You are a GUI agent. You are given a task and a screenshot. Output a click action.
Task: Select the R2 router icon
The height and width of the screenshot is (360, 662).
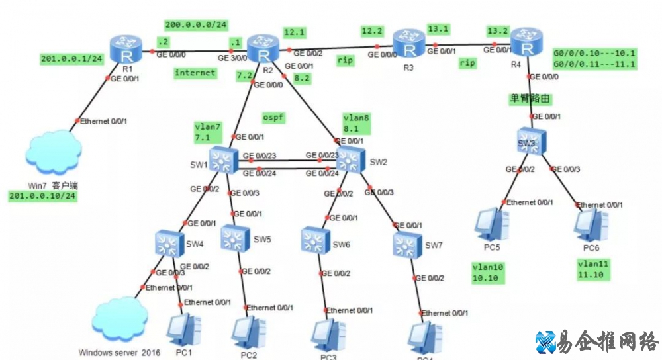(261, 49)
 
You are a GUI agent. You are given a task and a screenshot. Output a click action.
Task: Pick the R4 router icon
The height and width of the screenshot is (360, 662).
(526, 44)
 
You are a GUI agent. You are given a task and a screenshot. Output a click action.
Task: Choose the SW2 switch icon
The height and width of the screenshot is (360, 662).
(351, 160)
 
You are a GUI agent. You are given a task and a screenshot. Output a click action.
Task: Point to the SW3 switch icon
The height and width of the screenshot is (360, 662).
(532, 141)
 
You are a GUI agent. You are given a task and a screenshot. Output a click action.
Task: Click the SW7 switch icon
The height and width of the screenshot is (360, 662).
(406, 246)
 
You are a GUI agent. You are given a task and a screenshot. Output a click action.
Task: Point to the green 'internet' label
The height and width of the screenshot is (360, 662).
(195, 73)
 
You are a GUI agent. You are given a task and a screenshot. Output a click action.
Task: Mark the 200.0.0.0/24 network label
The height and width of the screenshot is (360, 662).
(196, 25)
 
